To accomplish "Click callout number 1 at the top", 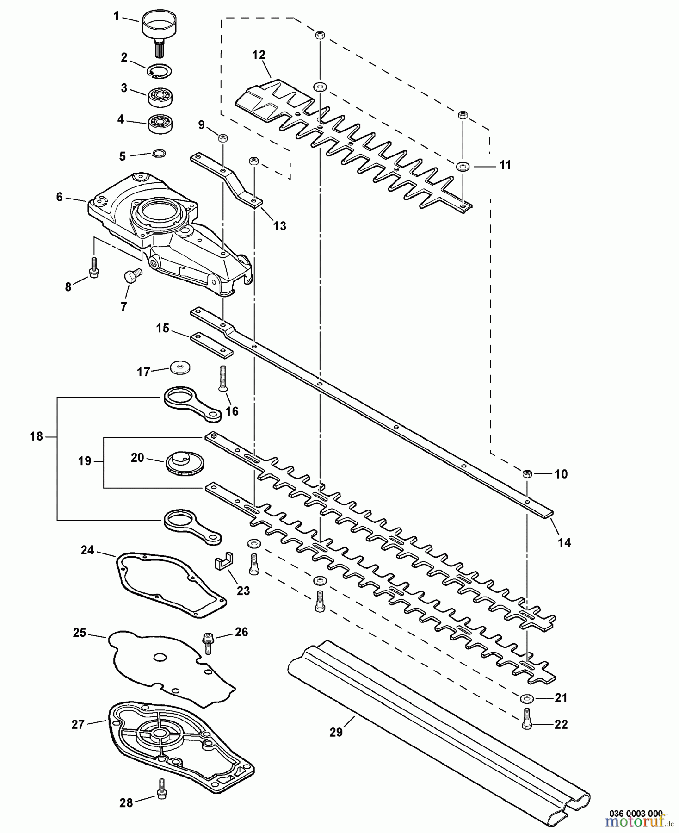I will point(117,17).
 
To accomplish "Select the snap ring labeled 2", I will point(160,71).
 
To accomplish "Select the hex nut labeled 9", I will point(222,137).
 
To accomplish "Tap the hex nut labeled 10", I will point(527,473).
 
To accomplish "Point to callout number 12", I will point(259,55).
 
